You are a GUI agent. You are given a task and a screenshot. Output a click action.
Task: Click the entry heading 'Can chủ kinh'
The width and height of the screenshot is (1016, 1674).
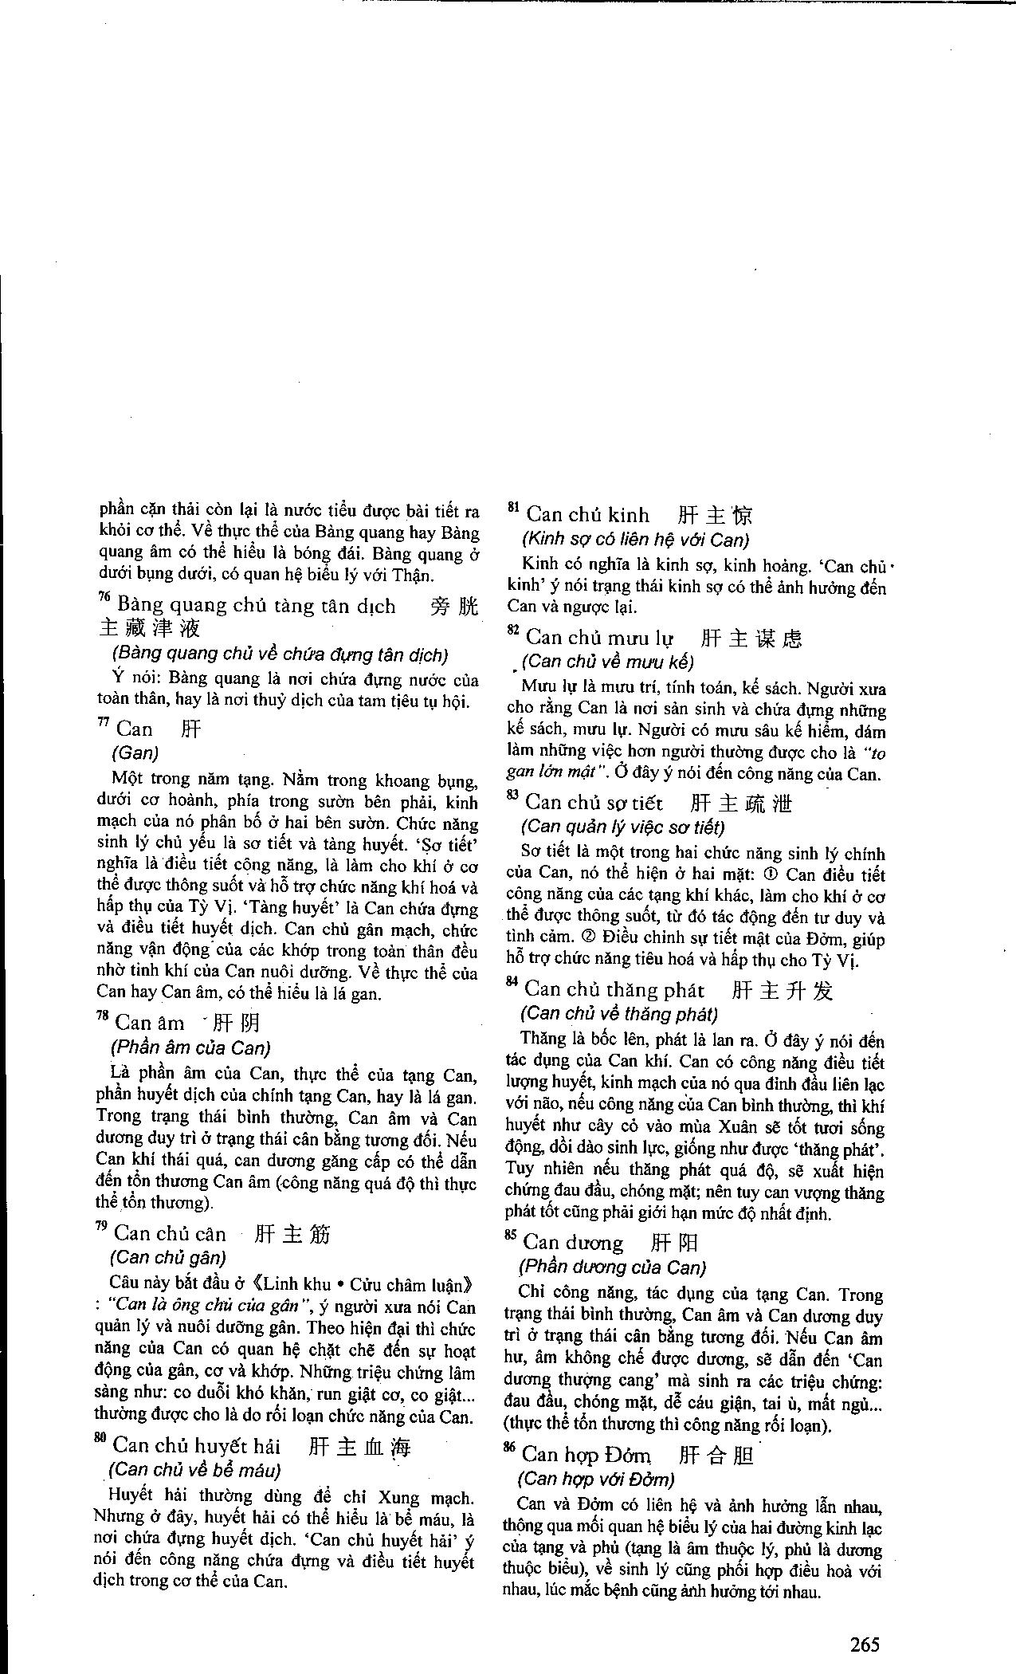click(x=588, y=514)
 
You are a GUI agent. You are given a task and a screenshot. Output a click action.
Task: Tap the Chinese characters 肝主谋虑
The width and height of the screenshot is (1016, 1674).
click(x=751, y=638)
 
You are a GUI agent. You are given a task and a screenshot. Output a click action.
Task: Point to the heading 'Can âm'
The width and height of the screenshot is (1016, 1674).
click(x=150, y=1023)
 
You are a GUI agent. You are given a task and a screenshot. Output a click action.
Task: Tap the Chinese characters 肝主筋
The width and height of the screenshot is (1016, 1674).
click(x=292, y=1234)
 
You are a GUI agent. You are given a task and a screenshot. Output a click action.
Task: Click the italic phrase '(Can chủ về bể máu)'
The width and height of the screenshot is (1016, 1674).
click(x=194, y=1469)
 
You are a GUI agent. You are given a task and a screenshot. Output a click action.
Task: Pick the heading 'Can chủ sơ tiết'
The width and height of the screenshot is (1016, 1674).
click(x=594, y=802)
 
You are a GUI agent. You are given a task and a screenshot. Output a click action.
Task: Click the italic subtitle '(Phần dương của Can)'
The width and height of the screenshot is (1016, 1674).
click(x=612, y=1267)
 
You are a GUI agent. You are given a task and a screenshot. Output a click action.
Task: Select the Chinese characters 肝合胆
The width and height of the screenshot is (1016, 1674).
click(x=716, y=1455)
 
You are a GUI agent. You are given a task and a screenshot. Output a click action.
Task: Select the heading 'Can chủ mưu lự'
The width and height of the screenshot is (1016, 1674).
click(x=599, y=638)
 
